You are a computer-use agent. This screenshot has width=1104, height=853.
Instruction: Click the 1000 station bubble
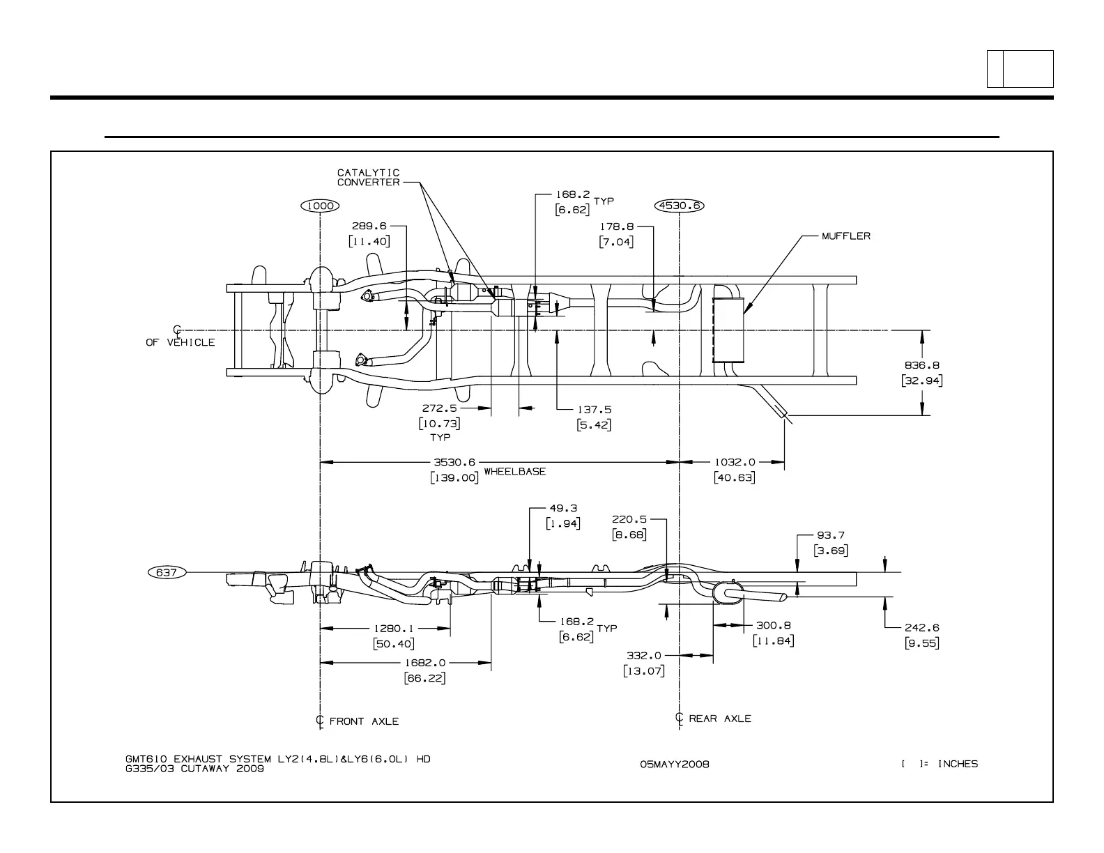click(x=320, y=206)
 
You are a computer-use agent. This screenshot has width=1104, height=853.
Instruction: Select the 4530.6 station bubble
click(x=680, y=206)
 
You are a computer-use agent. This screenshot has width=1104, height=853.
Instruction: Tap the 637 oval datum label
click(x=167, y=572)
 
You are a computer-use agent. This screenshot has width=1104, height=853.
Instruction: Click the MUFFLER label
click(x=845, y=236)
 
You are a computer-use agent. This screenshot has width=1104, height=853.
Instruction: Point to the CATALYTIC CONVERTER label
click(x=369, y=178)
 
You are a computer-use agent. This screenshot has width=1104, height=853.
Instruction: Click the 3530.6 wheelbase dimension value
click(x=454, y=461)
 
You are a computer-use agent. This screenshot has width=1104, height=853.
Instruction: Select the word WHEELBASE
click(x=514, y=471)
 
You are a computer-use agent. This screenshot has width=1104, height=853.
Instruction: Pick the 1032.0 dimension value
click(x=735, y=461)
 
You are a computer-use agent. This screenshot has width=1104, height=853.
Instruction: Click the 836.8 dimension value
click(x=922, y=365)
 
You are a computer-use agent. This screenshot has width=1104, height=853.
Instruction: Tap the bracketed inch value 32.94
click(x=922, y=381)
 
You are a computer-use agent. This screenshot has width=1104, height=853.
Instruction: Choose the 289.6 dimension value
click(x=369, y=226)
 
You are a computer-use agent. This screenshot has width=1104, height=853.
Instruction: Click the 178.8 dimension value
click(x=616, y=226)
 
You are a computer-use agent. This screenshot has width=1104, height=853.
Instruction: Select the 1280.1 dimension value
click(x=394, y=628)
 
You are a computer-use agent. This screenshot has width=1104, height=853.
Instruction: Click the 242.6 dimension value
click(x=921, y=628)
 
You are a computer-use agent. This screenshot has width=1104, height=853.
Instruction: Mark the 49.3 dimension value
click(x=563, y=509)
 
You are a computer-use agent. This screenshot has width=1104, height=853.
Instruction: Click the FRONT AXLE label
click(x=364, y=721)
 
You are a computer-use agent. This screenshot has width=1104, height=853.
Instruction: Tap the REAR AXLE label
click(x=720, y=718)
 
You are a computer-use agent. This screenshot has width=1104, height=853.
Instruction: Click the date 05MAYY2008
click(x=674, y=764)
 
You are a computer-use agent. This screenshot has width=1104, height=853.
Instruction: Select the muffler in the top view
click(x=728, y=330)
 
